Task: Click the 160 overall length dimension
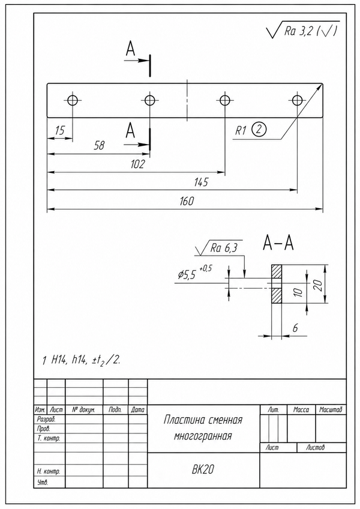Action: click(x=187, y=201)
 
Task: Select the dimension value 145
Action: click(x=201, y=182)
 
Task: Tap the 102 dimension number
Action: click(x=137, y=164)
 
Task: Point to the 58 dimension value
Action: click(x=100, y=145)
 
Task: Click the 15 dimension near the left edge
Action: click(x=60, y=130)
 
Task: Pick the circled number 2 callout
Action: click(x=259, y=129)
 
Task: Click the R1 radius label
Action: click(x=241, y=130)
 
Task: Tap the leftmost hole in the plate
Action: click(x=73, y=100)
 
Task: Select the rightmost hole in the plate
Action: click(x=297, y=100)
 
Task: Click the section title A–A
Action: click(x=278, y=243)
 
